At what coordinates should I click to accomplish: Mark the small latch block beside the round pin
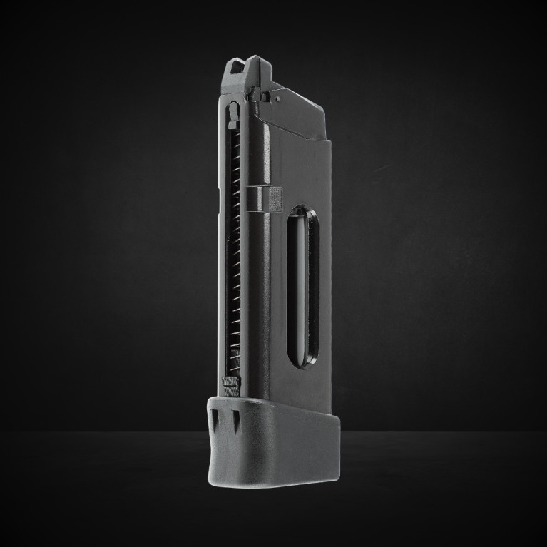coord(266,94)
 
